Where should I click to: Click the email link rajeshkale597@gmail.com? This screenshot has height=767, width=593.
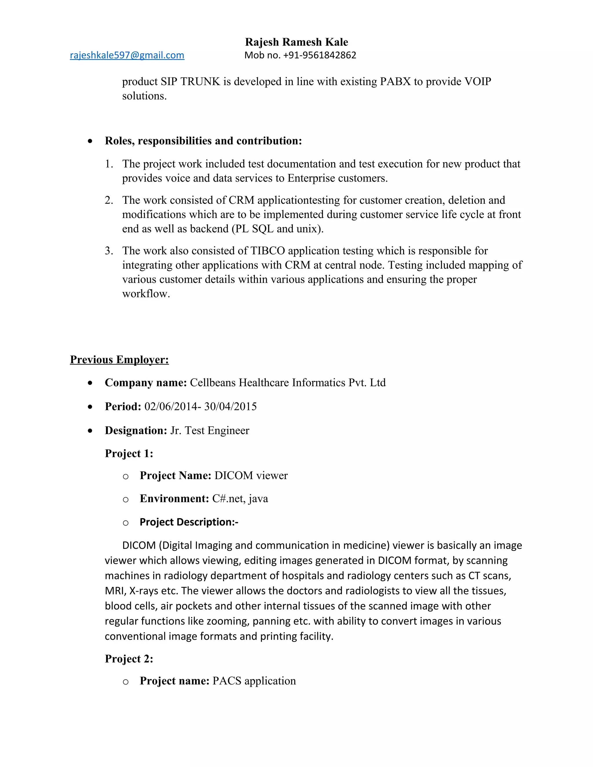[x=127, y=55]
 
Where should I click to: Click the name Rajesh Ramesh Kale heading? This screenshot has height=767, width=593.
[x=296, y=42]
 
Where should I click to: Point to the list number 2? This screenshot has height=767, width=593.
[x=109, y=200]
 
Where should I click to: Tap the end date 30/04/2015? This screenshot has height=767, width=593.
[x=230, y=406]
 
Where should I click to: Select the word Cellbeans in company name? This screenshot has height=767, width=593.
[x=213, y=382]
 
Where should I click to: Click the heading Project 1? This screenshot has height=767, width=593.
[x=129, y=453]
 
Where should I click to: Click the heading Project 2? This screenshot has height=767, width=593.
[x=129, y=659]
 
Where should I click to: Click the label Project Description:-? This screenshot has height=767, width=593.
[x=189, y=522]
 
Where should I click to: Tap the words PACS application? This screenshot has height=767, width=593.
[x=254, y=681]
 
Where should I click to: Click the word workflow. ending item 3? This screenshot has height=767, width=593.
[x=146, y=293]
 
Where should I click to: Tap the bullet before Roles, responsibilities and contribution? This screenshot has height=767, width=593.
[x=91, y=141]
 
